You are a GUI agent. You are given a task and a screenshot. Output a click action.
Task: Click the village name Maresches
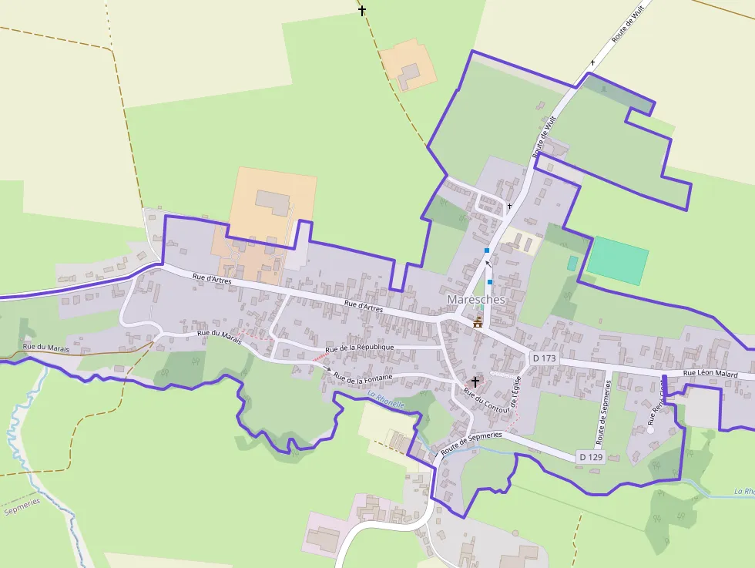pos(476,299)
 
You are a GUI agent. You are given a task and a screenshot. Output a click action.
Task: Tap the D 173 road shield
pos(544,358)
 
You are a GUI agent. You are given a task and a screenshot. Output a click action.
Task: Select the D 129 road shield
pos(590,457)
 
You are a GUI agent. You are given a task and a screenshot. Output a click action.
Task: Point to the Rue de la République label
pos(359,348)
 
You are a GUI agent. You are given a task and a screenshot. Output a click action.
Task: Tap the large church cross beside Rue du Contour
pos(475,381)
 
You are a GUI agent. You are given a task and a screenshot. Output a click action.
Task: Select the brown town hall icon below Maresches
pos(478,322)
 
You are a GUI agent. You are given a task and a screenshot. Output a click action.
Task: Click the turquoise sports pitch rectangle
pos(617,260)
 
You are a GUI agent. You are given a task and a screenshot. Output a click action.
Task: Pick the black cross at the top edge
pos(362,11)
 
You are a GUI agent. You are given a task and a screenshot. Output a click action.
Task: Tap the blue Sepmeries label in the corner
pos(22,506)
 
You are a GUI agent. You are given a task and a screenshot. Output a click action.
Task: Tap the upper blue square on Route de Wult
pos(487,250)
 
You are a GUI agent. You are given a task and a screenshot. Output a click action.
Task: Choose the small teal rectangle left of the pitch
pos(572,263)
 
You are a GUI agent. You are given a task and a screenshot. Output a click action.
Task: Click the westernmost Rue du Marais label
pos(45,348)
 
